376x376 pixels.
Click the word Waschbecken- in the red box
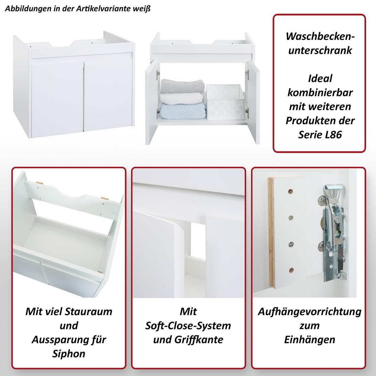320,36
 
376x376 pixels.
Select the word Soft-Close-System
188,326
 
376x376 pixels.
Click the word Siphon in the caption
69,353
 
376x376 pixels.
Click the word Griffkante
204,339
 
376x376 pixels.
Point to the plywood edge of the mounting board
270,232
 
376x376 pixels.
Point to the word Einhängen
309,339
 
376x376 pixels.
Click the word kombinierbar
320,92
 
